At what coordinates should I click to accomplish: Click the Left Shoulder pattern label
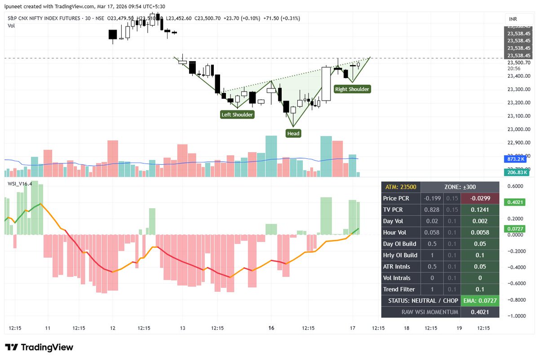[237, 114]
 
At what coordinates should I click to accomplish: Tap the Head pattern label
[293, 133]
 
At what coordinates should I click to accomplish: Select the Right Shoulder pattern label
[352, 89]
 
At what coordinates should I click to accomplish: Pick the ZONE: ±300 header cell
[459, 187]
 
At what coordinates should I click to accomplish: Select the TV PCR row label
[393, 210]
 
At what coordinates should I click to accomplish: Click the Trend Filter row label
[399, 289]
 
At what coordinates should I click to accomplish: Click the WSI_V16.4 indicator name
[20, 184]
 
